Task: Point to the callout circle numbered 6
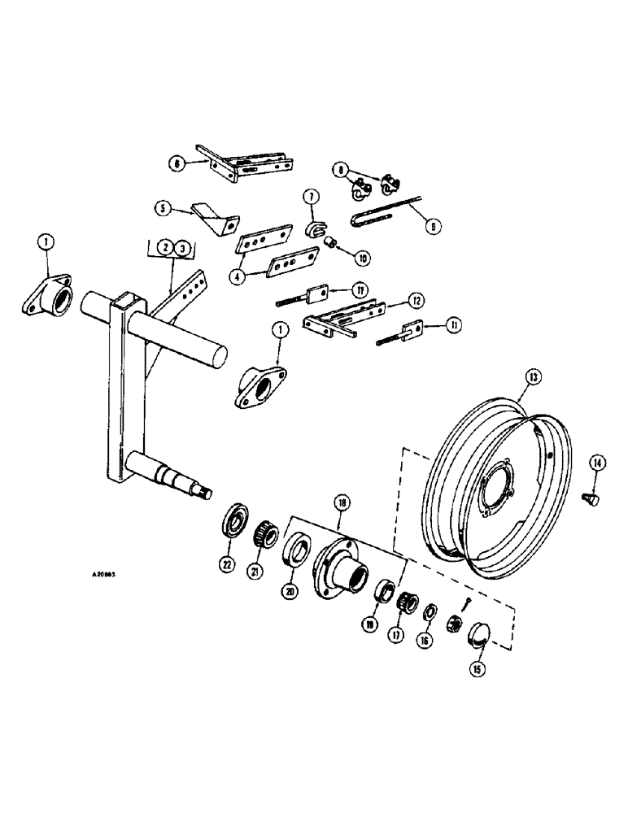[176, 163]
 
